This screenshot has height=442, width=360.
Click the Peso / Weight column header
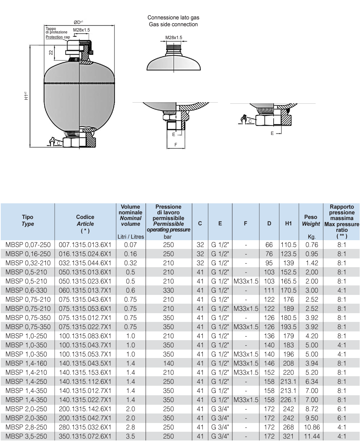[311, 220]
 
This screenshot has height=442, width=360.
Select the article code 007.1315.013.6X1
[85, 245]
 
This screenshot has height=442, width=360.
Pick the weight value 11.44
[311, 436]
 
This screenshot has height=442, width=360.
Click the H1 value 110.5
[289, 245]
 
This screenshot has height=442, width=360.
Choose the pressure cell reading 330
[168, 290]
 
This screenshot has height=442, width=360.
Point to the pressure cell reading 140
[168, 363]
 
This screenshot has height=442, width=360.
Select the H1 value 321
[289, 436]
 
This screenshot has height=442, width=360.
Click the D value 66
[269, 245]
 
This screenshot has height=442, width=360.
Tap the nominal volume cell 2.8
[130, 427]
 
